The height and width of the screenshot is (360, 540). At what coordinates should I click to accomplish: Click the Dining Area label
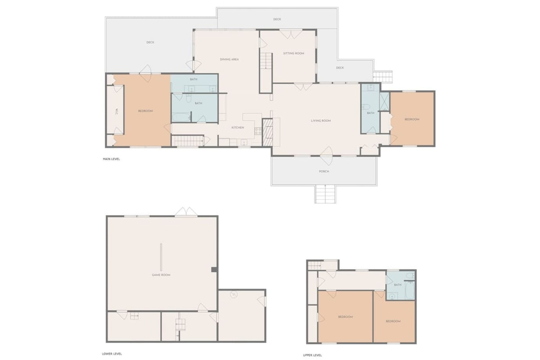(229, 59)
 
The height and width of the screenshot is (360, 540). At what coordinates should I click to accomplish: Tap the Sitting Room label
(293, 53)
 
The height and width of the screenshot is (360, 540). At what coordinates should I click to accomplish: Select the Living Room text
(320, 121)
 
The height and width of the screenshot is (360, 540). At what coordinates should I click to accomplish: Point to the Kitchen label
(238, 127)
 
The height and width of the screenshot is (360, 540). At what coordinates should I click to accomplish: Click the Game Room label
(161, 275)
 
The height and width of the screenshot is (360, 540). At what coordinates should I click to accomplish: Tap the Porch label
(324, 171)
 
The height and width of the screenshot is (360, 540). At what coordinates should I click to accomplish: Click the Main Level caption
(112, 159)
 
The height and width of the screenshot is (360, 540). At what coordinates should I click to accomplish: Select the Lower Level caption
(112, 354)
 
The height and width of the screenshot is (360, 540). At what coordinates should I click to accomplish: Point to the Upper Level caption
(312, 355)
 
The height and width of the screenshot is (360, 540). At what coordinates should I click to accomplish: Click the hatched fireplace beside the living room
(267, 132)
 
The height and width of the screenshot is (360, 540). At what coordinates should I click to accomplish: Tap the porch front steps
(325, 194)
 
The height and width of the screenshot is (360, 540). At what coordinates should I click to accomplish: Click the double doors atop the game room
(186, 211)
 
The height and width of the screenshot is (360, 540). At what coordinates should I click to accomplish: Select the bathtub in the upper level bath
(410, 290)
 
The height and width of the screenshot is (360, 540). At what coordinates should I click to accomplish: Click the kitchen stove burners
(258, 131)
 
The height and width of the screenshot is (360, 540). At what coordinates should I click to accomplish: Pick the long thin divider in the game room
(161, 257)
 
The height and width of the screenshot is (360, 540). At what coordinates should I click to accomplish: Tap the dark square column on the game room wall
(214, 270)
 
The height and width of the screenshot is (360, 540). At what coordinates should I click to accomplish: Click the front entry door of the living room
(326, 156)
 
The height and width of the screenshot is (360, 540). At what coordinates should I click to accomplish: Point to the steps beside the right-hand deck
(382, 76)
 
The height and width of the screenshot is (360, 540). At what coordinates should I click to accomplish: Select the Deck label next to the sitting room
(340, 68)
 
